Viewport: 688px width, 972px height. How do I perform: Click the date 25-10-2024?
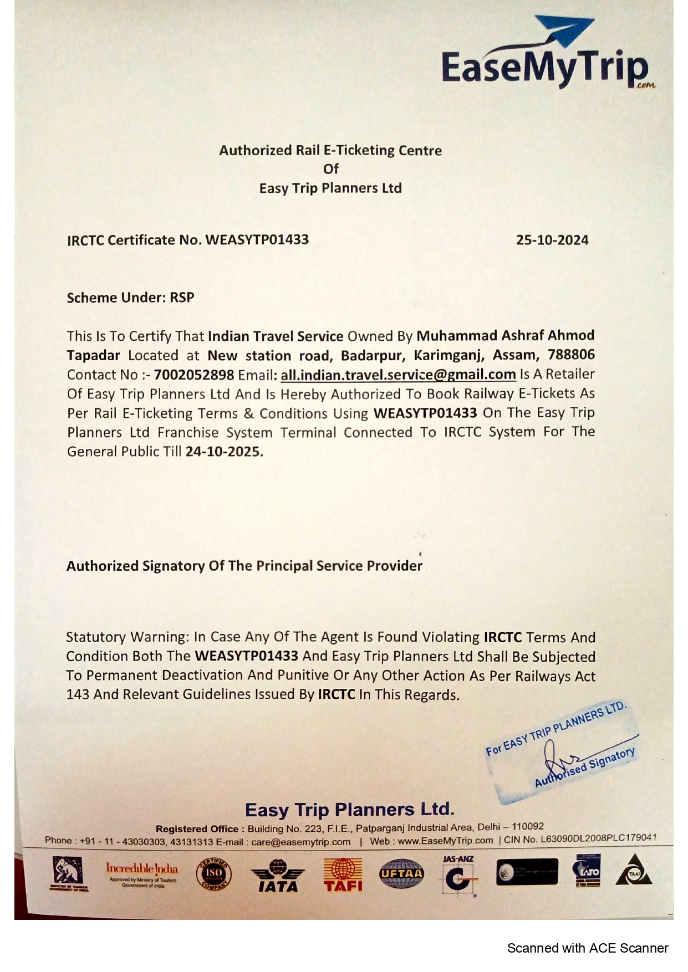pos(552,240)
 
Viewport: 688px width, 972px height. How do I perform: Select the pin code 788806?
pos(571,355)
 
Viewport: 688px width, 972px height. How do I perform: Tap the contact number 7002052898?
pos(194,375)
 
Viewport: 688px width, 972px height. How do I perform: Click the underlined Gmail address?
pos(398,375)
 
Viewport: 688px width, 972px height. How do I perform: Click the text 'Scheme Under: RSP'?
pos(130,298)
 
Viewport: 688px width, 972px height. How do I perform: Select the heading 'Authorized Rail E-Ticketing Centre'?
pos(330,150)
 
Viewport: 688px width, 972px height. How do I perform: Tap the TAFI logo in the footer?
pos(343,875)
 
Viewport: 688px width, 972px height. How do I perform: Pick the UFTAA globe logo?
pos(401,874)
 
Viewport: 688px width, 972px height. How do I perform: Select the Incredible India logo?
pos(142,873)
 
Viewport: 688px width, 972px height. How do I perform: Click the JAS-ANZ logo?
pos(458,876)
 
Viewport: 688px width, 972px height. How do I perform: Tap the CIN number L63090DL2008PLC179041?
pos(598,838)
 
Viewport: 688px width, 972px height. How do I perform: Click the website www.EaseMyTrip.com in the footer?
pos(445,840)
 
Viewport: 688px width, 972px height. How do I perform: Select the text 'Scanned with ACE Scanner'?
pos(587,948)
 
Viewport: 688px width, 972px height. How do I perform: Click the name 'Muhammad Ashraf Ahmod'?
pos(505,335)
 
